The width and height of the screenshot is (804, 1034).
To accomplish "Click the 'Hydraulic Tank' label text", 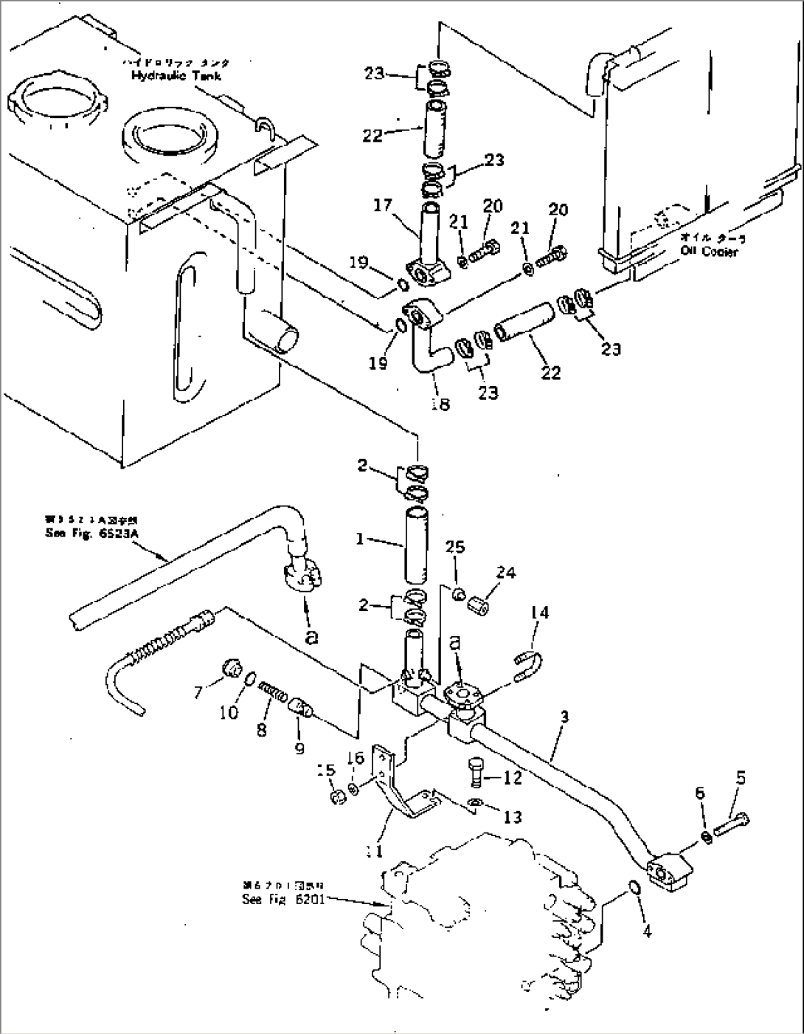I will pos(176,75).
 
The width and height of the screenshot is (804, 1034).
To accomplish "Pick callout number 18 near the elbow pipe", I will pos(440,404).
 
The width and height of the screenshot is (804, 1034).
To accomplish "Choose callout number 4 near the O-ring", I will pos(647,931).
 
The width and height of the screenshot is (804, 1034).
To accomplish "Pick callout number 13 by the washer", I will pos(512,816).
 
